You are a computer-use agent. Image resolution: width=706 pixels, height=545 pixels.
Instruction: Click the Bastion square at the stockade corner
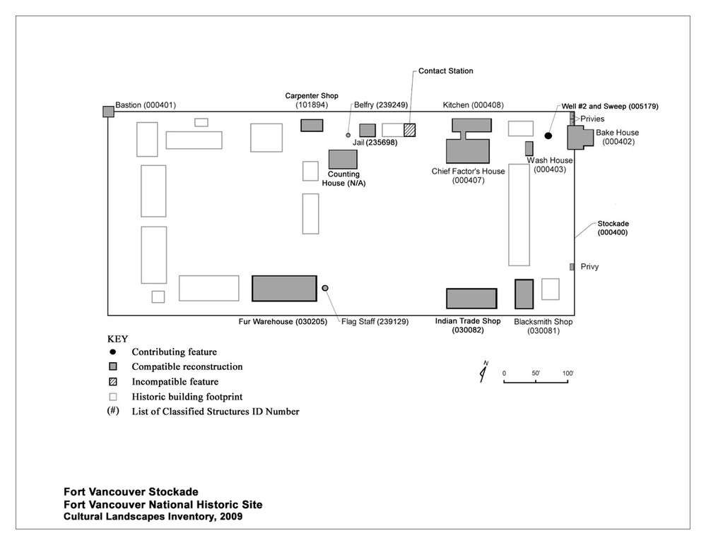pos(108,112)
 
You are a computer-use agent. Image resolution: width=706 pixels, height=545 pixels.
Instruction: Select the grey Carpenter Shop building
pos(312,125)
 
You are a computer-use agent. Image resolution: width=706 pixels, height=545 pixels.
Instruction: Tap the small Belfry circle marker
pos(348,135)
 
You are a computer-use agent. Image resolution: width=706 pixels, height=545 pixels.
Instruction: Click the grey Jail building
pos(367,131)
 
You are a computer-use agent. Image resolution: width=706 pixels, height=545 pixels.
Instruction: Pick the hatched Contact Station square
pos(410,130)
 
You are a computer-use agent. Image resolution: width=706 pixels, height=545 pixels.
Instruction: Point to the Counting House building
pos(343,159)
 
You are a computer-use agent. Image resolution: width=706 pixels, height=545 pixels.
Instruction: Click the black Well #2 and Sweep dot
pos(548,136)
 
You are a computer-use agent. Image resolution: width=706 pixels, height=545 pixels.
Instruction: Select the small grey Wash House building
pos(529,148)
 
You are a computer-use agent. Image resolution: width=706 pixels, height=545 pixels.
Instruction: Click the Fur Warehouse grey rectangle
pos(284,289)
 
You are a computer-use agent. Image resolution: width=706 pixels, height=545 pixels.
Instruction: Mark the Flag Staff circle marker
pos(325,288)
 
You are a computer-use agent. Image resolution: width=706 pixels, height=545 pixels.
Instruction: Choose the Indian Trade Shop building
pos(471,299)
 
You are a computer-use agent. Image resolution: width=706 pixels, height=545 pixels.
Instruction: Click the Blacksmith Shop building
pos(523,294)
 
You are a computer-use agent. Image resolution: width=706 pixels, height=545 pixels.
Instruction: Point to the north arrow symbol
pos(483,372)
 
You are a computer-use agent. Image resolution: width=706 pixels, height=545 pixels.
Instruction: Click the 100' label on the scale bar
pos(568,373)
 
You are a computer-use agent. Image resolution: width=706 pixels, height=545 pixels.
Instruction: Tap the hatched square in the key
pos(112,382)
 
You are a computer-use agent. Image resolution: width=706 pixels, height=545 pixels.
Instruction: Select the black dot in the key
pos(112,352)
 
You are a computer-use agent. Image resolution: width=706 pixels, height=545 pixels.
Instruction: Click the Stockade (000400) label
pos(612,228)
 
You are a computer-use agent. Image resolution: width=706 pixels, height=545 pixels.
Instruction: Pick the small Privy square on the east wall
pos(572,267)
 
